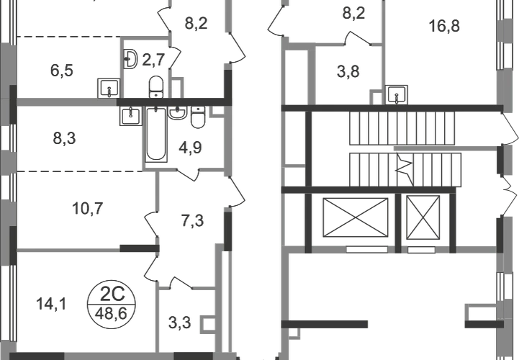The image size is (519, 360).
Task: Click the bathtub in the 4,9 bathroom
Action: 156,134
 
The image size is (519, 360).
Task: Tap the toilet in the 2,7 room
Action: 156,87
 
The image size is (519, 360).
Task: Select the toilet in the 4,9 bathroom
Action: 198,117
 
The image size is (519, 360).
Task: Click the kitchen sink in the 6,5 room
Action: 109,89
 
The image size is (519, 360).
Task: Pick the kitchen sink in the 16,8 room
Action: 396,95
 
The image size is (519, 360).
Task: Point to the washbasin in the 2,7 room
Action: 130,59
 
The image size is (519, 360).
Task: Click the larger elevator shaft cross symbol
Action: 355,217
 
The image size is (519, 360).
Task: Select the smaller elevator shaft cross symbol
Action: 423,217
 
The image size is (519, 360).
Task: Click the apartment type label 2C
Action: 112,294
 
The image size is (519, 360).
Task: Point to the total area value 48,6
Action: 111,313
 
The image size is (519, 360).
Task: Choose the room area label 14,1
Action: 51,304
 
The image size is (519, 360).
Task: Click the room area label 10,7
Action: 88,209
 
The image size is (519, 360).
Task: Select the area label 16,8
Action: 444,26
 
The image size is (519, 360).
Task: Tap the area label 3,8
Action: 348,71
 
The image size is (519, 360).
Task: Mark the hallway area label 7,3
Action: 193,220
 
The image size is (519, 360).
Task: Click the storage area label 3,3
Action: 180,323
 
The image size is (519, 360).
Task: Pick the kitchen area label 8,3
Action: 64,138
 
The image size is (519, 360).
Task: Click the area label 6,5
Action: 62,71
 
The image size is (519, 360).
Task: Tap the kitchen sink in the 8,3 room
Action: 131,116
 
